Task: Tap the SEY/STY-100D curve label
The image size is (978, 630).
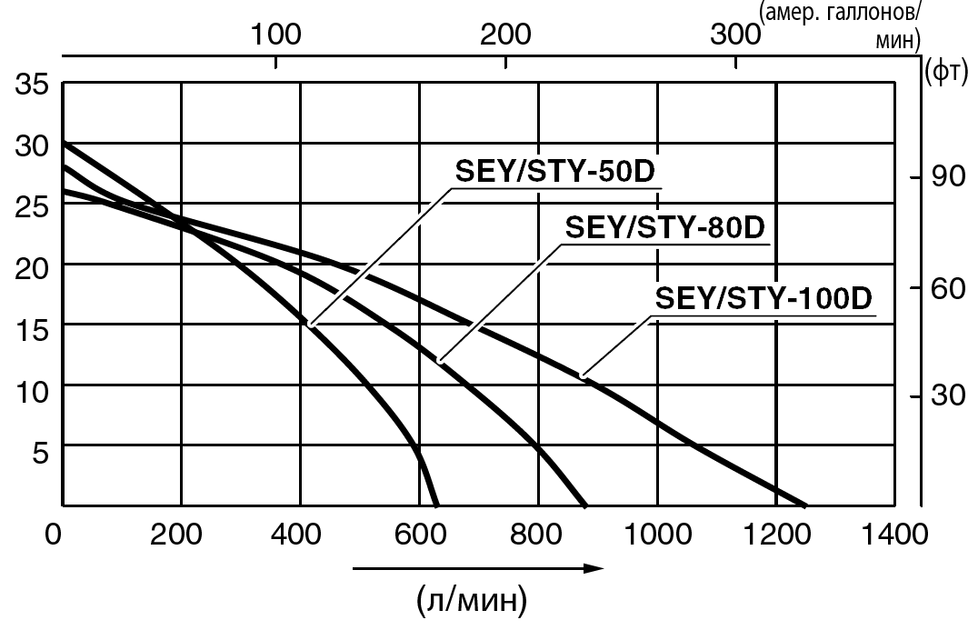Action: point(763,297)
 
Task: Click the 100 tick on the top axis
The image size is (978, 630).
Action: point(275,36)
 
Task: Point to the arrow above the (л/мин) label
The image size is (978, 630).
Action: point(477,569)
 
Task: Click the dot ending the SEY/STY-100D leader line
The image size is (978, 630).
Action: point(584,374)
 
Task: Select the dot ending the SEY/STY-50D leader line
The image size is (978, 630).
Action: point(311,323)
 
